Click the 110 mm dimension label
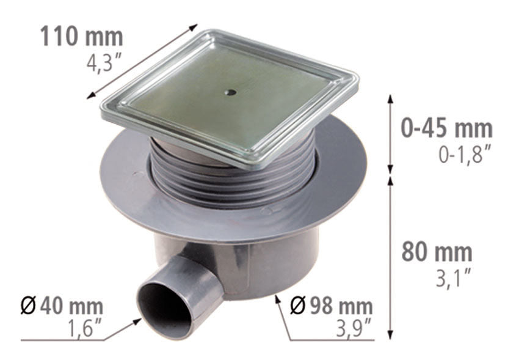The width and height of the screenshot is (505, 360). click(x=81, y=37)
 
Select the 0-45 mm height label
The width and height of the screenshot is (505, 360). click(x=446, y=128)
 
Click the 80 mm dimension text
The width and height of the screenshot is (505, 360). click(x=437, y=251)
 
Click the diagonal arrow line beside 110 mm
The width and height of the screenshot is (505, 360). click(x=143, y=61)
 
